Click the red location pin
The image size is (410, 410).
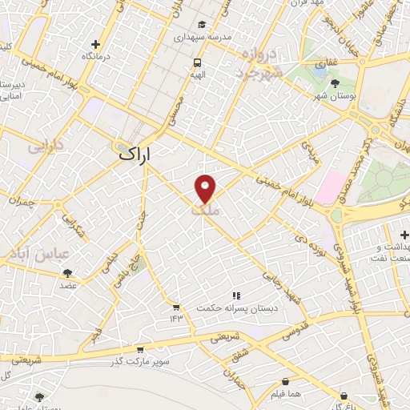coord(205,188)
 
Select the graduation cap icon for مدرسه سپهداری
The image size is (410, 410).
coord(203,24)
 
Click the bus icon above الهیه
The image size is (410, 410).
coord(197,62)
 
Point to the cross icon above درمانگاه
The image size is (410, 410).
coord(96,44)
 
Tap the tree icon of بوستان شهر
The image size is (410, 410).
coord(332,83)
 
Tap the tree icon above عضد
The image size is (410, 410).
coord(67,273)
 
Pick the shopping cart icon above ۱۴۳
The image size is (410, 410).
coord(175,307)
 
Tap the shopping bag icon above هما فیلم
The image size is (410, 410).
coord(286,382)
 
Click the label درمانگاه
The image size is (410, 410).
coord(96,57)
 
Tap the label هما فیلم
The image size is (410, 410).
coord(286,395)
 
